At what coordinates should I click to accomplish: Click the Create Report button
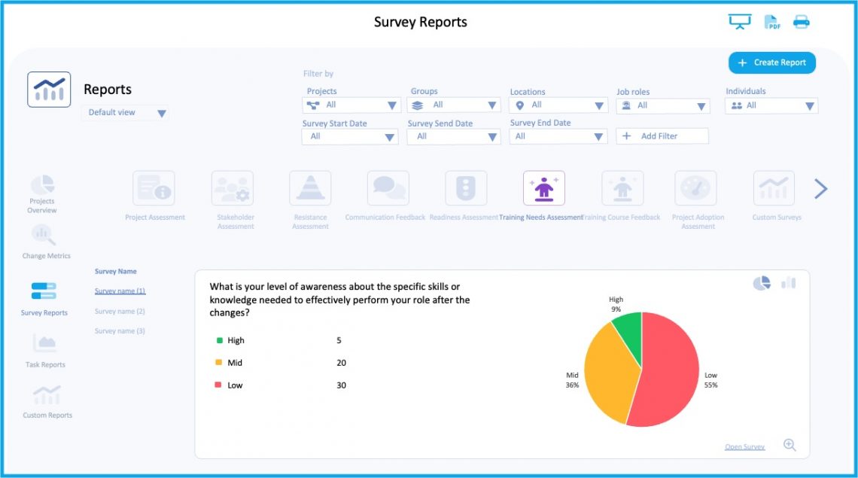point(771,63)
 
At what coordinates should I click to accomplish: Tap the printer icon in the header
point(802,22)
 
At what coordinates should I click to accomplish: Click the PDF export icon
point(772,22)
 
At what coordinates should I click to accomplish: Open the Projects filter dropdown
point(351,105)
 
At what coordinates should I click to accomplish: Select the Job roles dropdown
point(662,106)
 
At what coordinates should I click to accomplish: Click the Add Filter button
point(662,136)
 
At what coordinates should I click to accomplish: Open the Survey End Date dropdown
point(558,136)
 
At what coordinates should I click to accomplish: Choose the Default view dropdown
point(125,113)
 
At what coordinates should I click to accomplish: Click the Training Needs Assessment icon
point(543,188)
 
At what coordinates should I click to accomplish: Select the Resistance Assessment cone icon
point(310,188)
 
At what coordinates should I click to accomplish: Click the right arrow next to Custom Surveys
point(820,189)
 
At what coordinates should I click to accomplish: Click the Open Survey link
point(744,447)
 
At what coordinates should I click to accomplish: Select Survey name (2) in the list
point(120,311)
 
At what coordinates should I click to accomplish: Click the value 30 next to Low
point(342,385)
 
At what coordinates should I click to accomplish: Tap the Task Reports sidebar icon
point(45,345)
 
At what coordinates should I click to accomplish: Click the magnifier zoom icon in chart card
point(790,445)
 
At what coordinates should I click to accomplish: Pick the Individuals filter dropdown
point(771,106)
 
